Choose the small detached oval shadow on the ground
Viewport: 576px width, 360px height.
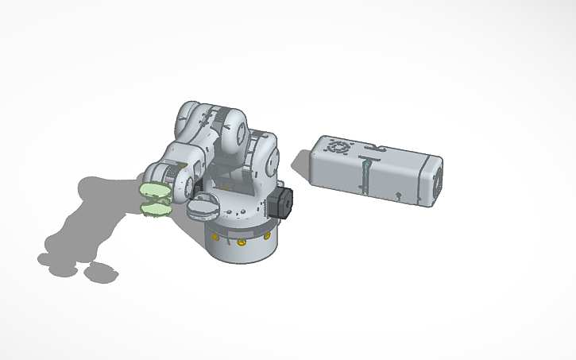tap(100, 273)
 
